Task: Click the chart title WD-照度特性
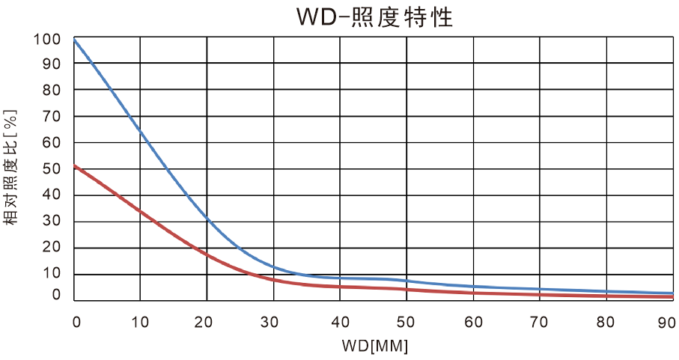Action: pos(365,16)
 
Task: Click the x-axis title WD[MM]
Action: pos(372,347)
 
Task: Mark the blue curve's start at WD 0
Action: pos(75,38)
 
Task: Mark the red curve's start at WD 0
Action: pos(75,166)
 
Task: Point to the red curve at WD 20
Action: pos(207,255)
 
